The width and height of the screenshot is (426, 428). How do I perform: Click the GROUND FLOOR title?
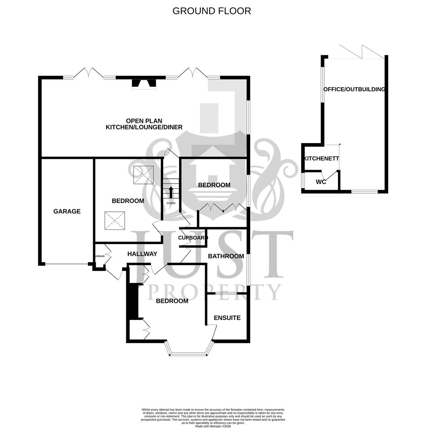[x=211, y=11]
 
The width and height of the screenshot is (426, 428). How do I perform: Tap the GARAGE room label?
[x=67, y=212]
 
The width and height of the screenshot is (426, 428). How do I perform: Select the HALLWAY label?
[x=142, y=254]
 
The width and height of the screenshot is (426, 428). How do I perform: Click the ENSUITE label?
[x=227, y=318]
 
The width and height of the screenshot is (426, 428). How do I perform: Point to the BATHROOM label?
[x=226, y=256]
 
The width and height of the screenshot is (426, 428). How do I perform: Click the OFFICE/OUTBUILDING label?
[x=354, y=90]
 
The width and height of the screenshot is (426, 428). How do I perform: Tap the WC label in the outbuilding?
[x=321, y=182]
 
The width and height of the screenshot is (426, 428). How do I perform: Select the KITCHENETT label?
[x=321, y=159]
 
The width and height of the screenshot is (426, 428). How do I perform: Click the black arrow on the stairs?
[x=171, y=192]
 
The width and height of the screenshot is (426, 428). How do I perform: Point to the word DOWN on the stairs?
[x=171, y=203]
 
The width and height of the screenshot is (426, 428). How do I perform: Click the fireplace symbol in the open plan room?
[x=144, y=83]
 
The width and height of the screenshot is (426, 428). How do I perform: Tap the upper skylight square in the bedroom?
[x=143, y=175]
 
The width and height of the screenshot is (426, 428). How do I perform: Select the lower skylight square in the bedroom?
[x=115, y=221]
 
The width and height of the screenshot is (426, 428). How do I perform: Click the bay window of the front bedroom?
[x=188, y=351]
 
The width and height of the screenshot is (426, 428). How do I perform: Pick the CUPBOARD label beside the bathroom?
[x=193, y=238]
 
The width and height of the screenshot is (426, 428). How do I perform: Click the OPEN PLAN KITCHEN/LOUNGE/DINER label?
[x=144, y=124]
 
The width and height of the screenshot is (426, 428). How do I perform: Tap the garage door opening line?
[x=66, y=264]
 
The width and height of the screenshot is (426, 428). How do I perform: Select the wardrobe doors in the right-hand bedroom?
[x=223, y=208]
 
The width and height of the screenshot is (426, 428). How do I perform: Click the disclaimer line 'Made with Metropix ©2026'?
[x=213, y=426]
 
